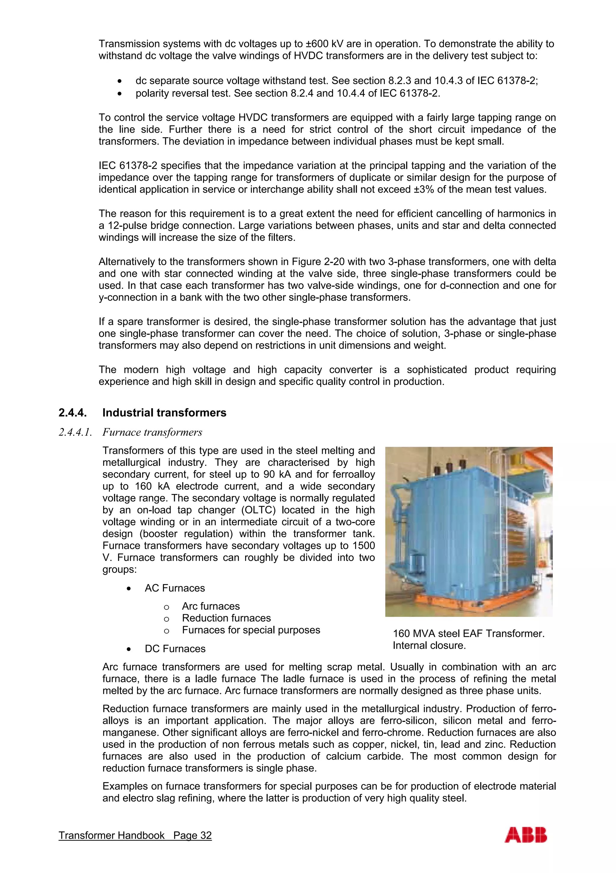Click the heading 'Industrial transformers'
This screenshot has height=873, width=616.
[164, 413]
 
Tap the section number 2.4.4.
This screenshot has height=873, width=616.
[72, 413]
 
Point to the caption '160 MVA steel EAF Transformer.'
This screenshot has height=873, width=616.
[469, 633]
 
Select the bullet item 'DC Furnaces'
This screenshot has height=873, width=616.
[175, 649]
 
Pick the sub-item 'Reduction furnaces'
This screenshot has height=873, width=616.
[226, 618]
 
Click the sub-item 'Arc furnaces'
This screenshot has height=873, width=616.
[211, 606]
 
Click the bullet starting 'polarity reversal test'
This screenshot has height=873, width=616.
[288, 93]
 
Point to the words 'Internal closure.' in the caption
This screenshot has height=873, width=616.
[429, 645]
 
